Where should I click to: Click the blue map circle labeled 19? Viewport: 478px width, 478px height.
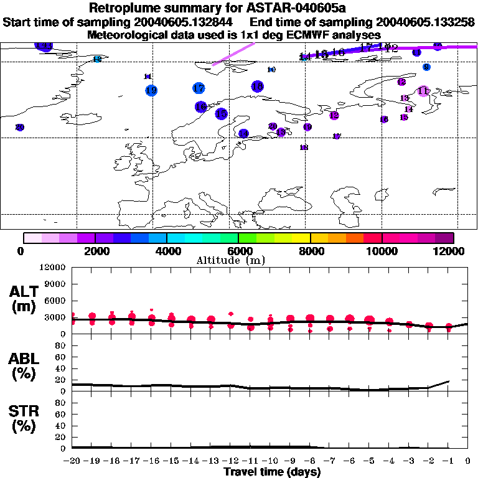(x=151, y=90)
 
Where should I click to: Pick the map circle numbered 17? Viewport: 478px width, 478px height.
(x=199, y=88)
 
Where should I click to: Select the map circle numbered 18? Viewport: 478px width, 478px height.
(x=258, y=87)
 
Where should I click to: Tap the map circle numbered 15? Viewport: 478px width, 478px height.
(x=221, y=114)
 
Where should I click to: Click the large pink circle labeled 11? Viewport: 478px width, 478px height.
(x=424, y=91)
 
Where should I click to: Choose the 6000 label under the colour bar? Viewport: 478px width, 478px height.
(x=238, y=251)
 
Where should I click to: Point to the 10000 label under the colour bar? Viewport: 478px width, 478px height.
(x=382, y=251)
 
